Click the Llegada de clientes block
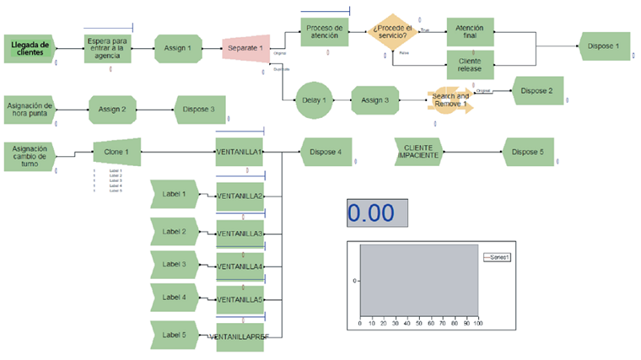click(x=29, y=48)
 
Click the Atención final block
click(x=470, y=32)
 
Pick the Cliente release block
click(x=470, y=64)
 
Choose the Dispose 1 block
click(x=604, y=47)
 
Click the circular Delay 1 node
click(x=315, y=100)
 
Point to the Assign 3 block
click(x=375, y=100)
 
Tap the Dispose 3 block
click(x=199, y=109)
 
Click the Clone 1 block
click(x=116, y=152)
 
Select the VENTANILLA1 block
click(x=240, y=152)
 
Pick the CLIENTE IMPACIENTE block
click(x=417, y=152)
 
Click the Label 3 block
click(x=174, y=265)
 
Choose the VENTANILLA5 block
click(x=240, y=300)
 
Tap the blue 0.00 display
click(x=377, y=213)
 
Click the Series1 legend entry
click(x=498, y=257)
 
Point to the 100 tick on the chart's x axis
click(x=478, y=323)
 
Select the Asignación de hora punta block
click(x=30, y=109)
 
